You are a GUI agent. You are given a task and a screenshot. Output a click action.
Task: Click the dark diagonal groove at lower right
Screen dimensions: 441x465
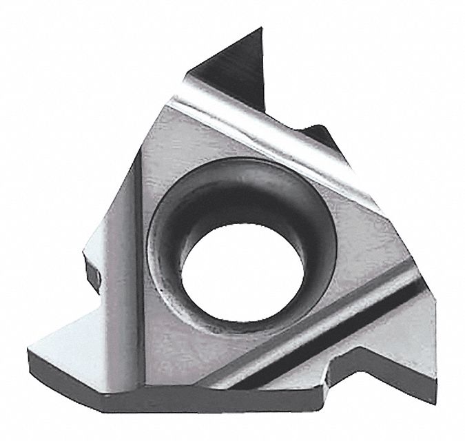(324, 345)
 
